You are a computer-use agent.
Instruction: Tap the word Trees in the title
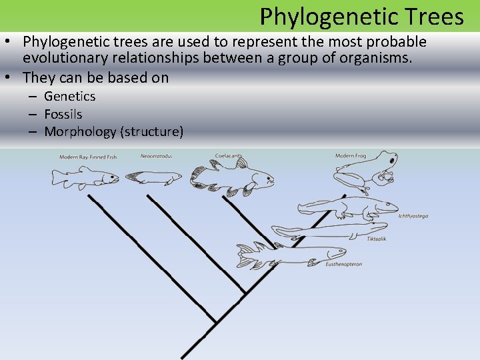432,16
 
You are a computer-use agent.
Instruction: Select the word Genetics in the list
70,97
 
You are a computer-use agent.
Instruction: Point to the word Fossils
63,114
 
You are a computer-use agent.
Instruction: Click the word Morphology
80,131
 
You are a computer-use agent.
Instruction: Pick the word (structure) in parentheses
151,131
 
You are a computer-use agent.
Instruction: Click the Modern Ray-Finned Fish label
88,157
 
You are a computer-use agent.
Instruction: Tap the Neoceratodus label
156,156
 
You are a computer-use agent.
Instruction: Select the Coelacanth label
229,155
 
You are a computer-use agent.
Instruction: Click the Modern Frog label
351,156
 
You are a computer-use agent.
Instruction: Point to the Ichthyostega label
413,216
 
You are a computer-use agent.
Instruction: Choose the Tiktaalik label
377,238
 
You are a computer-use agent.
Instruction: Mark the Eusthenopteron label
345,264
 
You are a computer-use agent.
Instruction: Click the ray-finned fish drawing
85,177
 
